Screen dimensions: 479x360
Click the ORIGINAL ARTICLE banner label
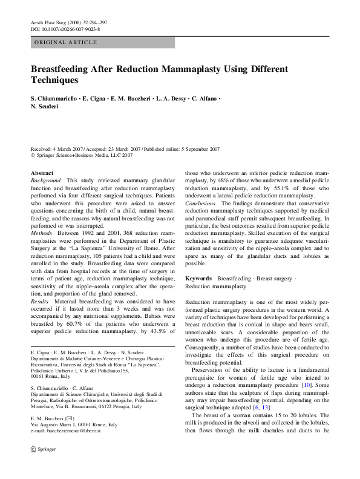[66, 42]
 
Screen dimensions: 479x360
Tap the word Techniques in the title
[54, 79]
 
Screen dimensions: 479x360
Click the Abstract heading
[42, 173]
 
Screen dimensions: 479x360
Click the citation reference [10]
[307, 385]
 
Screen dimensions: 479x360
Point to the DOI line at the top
[65, 29]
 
